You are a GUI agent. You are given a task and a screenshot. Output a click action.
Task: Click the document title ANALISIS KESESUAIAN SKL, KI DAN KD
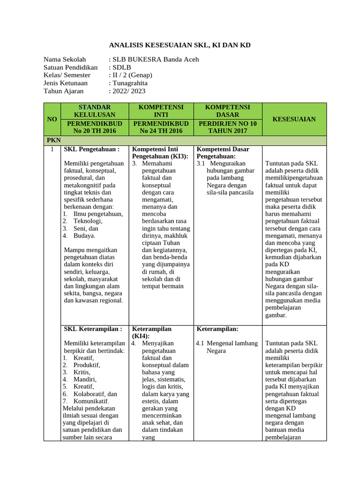pos(180,45)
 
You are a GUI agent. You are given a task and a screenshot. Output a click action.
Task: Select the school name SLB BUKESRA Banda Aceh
pos(155,60)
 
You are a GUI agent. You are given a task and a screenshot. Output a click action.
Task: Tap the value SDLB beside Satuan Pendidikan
pos(121,67)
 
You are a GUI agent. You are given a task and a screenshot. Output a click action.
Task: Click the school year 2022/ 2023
pos(128,91)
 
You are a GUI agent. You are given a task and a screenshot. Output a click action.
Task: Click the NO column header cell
pos(52,120)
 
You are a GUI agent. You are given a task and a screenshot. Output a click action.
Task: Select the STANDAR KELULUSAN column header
pos(95,111)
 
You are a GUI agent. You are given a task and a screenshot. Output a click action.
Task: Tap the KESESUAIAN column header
pos(294,120)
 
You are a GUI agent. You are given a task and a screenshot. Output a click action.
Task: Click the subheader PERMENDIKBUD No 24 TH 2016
pos(161,127)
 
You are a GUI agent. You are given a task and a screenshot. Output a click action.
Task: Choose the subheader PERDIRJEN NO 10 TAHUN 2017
pos(227,127)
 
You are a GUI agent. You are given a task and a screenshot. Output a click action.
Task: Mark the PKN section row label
pos(53,140)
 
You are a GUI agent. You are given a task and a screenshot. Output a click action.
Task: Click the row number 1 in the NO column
pos(52,149)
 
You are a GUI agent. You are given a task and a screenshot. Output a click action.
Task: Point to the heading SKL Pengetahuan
pos(92,149)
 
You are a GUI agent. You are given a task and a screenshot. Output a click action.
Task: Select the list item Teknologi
pos(88,221)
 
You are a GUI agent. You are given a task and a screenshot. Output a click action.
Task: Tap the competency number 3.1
pos(201,163)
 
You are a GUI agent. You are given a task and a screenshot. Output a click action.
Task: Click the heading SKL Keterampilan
pos(93,329)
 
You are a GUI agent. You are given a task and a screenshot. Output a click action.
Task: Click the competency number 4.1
pos(200,343)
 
